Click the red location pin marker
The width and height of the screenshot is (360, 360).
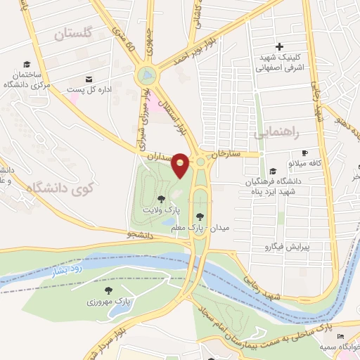click(x=181, y=165)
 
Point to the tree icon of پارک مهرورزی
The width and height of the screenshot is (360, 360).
click(x=108, y=290)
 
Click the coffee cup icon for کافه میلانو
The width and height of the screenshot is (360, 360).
click(x=304, y=153)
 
